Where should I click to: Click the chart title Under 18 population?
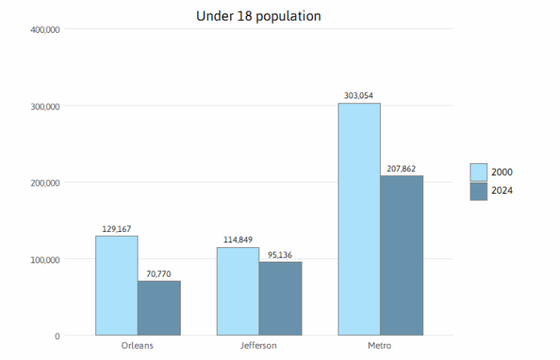point(258,16)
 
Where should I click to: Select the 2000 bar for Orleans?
point(117,286)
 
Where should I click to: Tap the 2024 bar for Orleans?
point(159,308)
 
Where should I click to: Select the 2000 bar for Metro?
point(359,219)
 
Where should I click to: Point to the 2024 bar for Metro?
point(402,255)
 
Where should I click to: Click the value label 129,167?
point(117,230)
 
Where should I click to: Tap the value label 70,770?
point(158,274)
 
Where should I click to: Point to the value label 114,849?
point(238,240)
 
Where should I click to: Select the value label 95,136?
point(279,255)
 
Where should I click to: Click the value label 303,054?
point(359,96)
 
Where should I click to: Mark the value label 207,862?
point(401,169)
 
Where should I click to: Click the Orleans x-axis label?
point(138,346)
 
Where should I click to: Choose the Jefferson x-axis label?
point(258,346)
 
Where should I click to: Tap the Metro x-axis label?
point(380,346)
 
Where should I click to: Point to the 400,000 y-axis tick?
point(44,30)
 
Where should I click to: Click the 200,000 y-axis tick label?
point(44,182)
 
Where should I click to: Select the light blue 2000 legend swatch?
point(478,172)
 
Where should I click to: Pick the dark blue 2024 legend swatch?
point(478,190)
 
